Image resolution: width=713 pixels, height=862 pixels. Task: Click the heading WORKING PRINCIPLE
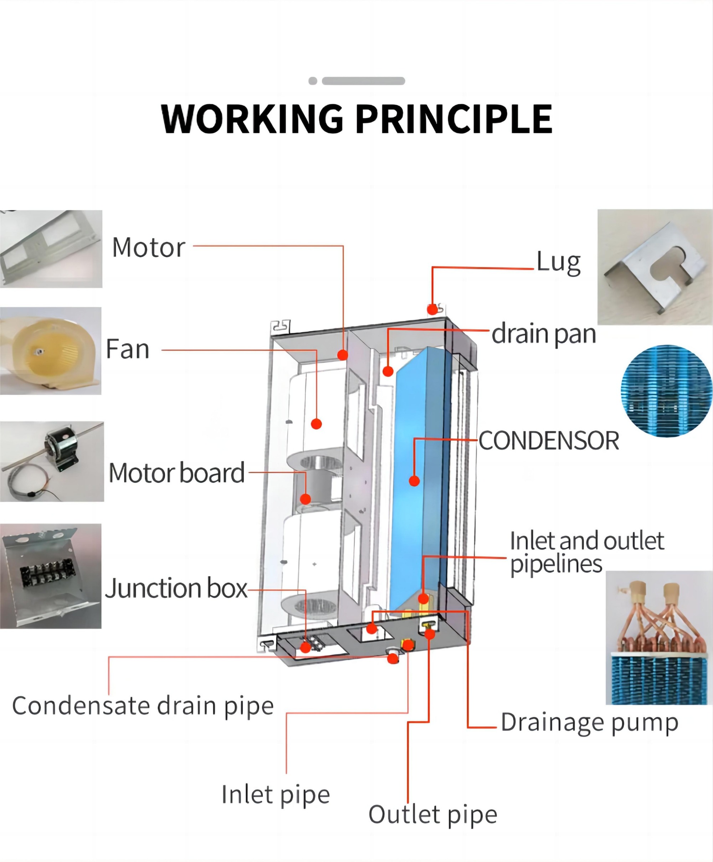click(356, 119)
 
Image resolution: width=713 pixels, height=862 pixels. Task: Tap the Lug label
click(558, 262)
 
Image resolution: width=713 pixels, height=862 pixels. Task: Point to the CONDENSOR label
click(549, 441)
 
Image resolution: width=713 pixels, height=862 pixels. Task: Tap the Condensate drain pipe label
click(143, 707)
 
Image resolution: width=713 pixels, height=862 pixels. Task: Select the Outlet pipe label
click(433, 814)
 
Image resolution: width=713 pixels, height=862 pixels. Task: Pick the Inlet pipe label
click(276, 795)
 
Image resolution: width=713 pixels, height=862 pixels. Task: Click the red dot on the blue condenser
click(414, 481)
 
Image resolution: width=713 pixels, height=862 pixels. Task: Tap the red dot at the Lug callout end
click(432, 309)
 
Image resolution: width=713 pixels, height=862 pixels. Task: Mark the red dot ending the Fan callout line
click(316, 424)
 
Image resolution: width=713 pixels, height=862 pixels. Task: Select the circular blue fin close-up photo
click(666, 391)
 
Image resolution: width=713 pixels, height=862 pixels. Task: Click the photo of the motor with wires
click(52, 461)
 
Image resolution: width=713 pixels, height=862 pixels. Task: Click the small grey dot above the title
click(313, 81)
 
